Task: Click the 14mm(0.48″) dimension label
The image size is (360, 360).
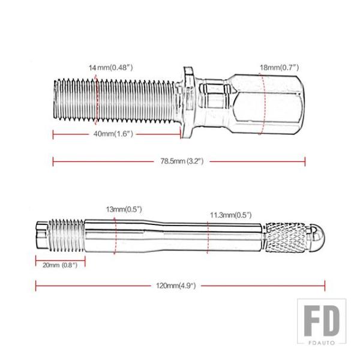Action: point(110,68)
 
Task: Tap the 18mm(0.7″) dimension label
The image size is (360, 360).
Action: point(279,67)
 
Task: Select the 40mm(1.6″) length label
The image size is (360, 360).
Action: point(113,134)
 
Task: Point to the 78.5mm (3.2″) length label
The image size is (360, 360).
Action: point(182,161)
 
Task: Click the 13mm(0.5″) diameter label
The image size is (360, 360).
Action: point(124,209)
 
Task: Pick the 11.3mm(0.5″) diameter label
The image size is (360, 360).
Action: point(231,215)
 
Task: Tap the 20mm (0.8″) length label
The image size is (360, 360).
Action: point(60,265)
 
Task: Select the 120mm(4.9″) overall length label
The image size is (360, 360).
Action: point(176,286)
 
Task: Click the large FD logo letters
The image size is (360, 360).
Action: point(322,321)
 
